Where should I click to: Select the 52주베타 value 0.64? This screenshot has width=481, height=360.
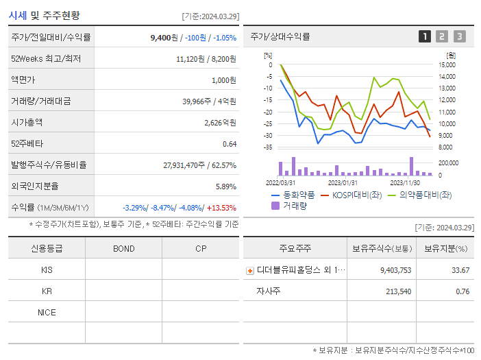point(229,144)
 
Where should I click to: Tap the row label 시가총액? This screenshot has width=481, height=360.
point(27,123)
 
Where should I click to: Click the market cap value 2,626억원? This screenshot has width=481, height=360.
point(220,123)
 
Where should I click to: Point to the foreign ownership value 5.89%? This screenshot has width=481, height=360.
point(225,186)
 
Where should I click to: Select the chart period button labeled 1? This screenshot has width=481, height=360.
point(425,37)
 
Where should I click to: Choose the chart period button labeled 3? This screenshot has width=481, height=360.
point(459,37)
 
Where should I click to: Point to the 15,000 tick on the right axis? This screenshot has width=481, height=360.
point(447,65)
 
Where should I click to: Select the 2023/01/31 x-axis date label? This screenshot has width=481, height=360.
point(343,183)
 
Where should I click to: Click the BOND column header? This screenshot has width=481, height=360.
point(123,248)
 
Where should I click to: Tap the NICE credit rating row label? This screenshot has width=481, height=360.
point(47,312)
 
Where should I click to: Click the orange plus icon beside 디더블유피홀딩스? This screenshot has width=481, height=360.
point(249,271)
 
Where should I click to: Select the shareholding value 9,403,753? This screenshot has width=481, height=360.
point(395,271)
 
